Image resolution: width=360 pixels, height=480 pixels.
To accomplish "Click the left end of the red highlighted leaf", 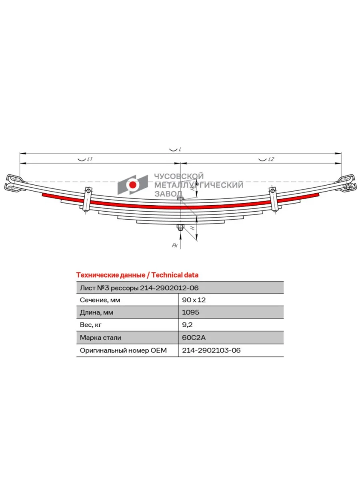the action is (x=42, y=195).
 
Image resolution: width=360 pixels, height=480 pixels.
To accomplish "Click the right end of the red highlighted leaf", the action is (x=319, y=195).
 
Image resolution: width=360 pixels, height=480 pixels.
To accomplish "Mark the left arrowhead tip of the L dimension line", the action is (x=20, y=154).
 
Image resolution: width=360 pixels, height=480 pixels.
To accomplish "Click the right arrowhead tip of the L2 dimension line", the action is (x=341, y=163).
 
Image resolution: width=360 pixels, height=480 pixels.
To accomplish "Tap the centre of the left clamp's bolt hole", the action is (x=88, y=191).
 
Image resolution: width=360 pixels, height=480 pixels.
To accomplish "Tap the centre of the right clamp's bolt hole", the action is (x=272, y=191).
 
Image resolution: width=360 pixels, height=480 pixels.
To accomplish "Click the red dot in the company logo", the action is (x=133, y=185).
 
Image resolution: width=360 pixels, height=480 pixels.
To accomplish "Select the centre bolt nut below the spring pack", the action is (x=180, y=228).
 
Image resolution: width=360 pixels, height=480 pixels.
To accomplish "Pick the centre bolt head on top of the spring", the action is (x=180, y=198).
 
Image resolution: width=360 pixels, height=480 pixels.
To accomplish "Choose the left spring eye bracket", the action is (x=14, y=182).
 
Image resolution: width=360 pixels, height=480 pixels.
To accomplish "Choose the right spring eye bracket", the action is (x=346, y=183).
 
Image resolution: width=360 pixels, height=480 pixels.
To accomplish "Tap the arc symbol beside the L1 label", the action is (x=82, y=160).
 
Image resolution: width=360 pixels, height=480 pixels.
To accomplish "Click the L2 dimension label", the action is (x=271, y=159).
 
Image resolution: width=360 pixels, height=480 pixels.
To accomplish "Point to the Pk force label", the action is (x=175, y=245).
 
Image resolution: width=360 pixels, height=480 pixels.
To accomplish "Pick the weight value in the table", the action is (x=187, y=325).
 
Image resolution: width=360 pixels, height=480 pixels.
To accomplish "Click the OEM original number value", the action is (x=211, y=350).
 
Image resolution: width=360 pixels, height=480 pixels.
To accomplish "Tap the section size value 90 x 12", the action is (x=194, y=300).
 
